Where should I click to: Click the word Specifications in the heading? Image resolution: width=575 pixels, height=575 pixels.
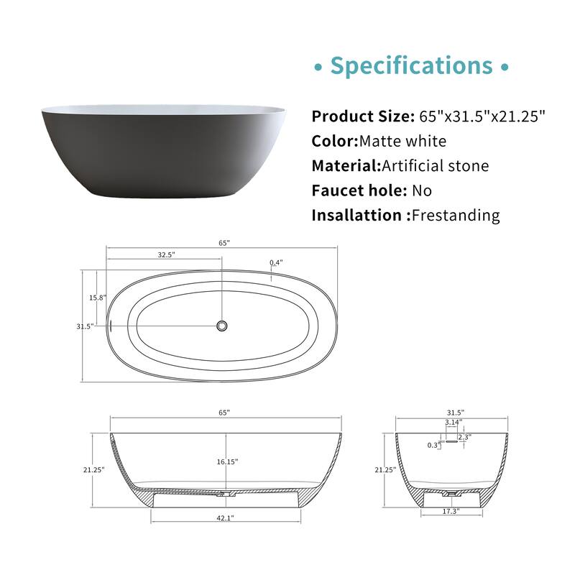pyautogui.click(x=411, y=66)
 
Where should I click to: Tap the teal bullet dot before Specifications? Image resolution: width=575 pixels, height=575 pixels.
pyautogui.click(x=318, y=68)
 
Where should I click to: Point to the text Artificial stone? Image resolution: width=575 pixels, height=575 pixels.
pyautogui.click(x=436, y=166)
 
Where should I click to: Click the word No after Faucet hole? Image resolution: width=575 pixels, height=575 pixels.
pyautogui.click(x=422, y=190)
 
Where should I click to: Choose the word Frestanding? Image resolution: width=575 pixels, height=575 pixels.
pyautogui.click(x=455, y=215)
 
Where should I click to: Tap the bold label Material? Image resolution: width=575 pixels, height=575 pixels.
pyautogui.click(x=346, y=166)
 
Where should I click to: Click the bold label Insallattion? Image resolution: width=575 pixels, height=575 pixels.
pyautogui.click(x=356, y=215)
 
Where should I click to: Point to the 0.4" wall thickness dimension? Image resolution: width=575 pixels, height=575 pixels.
pyautogui.click(x=277, y=263)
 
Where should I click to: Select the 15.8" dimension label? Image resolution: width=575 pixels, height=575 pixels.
pyautogui.click(x=98, y=298)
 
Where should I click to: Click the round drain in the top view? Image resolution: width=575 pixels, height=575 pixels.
pyautogui.click(x=222, y=326)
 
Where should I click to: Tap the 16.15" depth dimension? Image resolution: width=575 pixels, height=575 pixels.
pyautogui.click(x=226, y=461)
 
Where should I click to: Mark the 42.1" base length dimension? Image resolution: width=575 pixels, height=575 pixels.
pyautogui.click(x=226, y=517)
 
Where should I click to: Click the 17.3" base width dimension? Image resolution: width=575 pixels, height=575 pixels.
pyautogui.click(x=451, y=511)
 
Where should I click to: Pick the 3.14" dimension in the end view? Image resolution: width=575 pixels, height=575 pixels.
pyautogui.click(x=452, y=423)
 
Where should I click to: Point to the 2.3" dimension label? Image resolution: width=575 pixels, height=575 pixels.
pyautogui.click(x=464, y=436)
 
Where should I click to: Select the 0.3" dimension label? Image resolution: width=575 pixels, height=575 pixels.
pyautogui.click(x=434, y=445)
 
